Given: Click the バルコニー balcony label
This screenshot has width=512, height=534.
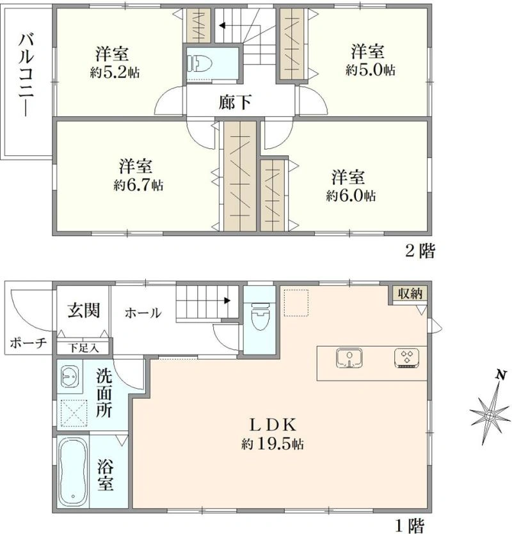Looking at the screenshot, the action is pos(26,75).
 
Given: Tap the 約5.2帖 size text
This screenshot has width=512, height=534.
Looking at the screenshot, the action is pos(115,72).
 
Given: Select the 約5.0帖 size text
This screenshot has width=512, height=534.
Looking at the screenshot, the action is pos(371,70).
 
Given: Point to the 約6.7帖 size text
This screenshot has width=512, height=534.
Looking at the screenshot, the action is pos(138,185).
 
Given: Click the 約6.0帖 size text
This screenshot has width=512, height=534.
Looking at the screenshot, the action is pos(351,196).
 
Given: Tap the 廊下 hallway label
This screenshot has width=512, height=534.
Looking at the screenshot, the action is pos(236,102).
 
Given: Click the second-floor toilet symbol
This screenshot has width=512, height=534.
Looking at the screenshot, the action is pos(200,64).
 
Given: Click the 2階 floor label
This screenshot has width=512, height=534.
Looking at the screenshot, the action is pos(420,251).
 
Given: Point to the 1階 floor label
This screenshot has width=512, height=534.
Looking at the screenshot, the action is pos(410,526).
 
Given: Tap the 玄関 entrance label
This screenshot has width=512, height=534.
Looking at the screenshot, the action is pos(83,311).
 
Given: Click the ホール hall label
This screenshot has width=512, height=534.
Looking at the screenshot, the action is pos(143,313).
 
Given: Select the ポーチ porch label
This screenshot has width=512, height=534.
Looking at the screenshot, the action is pos(28,343).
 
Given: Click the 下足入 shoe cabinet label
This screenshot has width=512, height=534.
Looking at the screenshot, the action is pos(83,349).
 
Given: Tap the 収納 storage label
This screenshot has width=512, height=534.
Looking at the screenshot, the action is pos(410,294).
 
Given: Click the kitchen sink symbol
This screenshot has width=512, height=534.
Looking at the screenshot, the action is pos(349,358).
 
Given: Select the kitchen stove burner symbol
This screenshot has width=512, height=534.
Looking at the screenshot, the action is pos(406,358).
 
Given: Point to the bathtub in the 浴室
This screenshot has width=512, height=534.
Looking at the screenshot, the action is pos(72,472).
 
